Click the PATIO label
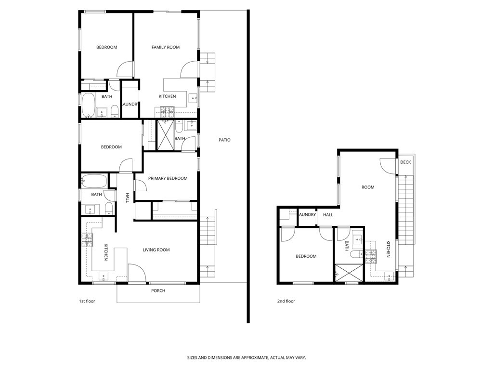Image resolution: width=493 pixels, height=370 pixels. coord(224,140)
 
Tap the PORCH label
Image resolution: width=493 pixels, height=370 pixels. coord(158,291)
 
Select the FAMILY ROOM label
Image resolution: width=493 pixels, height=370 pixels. coord(166,47)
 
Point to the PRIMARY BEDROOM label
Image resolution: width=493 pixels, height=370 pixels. coord(168,178)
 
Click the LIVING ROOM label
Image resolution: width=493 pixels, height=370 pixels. coord(156,250)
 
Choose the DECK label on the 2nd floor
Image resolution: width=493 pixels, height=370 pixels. coord(405,162)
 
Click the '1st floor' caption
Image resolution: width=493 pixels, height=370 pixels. coord(87,301)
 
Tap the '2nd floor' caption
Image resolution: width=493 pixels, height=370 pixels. coord(286,301)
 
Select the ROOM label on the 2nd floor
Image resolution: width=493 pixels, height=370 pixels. coord(368,187)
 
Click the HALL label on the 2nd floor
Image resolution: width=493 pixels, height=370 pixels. coord(328,215)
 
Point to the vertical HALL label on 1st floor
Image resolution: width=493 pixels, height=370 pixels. coord(128,198)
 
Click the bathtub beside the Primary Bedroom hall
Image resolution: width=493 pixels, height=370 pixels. coord(94,182)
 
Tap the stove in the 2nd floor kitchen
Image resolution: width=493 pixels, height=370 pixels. coord(370,257)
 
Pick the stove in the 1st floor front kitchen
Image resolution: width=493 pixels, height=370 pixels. coord(87,239)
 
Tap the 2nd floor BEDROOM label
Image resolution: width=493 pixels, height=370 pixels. coord(306,256)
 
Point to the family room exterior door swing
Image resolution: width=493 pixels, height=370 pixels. coord(189,69)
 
